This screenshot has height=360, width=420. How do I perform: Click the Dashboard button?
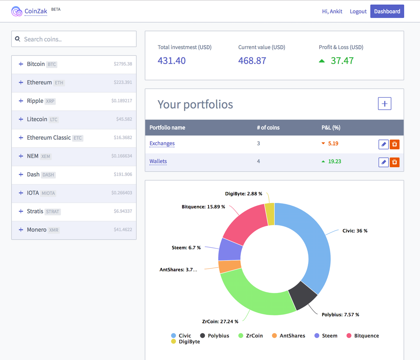[x=387, y=11]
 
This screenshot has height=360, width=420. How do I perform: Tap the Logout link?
[x=358, y=11]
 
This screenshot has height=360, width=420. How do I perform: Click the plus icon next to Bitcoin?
[x=21, y=64]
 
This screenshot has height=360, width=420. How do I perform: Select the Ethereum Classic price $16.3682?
[x=123, y=138]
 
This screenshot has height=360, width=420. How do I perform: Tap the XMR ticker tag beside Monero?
[x=54, y=230]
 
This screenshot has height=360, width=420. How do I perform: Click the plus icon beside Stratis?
[x=21, y=211]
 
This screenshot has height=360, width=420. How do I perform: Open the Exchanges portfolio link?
[x=162, y=143]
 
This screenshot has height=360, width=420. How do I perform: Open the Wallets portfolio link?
[x=158, y=161]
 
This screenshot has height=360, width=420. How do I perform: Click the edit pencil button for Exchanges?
[x=383, y=144]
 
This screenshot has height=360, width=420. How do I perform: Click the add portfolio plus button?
[x=384, y=104]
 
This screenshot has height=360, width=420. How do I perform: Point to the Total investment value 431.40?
[x=171, y=61]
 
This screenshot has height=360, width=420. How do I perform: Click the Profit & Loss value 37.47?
[x=342, y=61]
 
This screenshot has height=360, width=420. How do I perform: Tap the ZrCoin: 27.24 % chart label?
[x=220, y=321]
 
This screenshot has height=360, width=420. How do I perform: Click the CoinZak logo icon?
[x=17, y=11]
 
